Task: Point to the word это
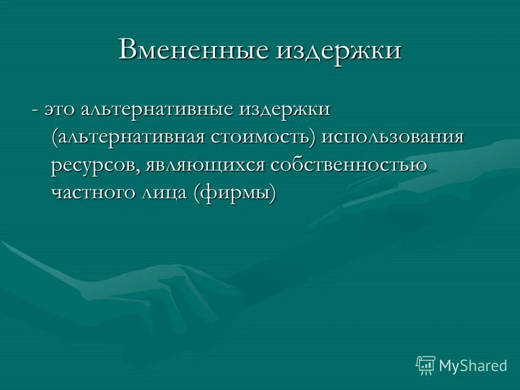(x=60, y=109)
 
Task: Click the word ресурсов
(x=96, y=165)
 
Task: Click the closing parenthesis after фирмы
(x=272, y=193)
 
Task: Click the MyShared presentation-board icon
(x=426, y=366)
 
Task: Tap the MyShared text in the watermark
(x=473, y=366)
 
